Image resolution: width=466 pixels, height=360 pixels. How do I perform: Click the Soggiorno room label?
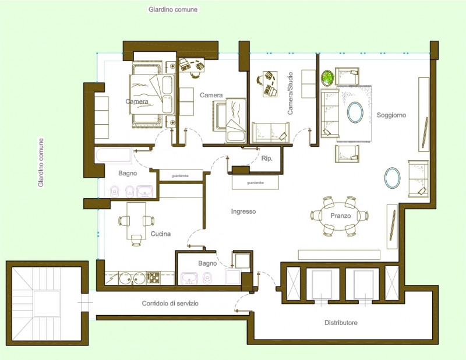pyautogui.click(x=391, y=115)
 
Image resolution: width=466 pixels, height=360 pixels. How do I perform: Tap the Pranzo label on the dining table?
pyautogui.click(x=340, y=216)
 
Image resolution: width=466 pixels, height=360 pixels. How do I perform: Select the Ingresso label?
pyautogui.click(x=243, y=211)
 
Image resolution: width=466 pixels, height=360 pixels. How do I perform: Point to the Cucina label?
pyautogui.click(x=161, y=234)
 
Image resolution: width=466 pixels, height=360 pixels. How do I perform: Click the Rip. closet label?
pyautogui.click(x=267, y=159)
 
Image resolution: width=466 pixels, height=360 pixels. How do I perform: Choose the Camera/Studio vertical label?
pyautogui.click(x=290, y=93)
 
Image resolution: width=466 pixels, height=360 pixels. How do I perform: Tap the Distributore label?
pyautogui.click(x=341, y=323)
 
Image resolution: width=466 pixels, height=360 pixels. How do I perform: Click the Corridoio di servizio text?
pyautogui.click(x=170, y=303)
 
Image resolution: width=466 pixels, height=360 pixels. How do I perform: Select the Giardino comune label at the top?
pyautogui.click(x=173, y=9)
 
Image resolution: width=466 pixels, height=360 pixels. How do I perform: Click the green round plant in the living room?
pyautogui.click(x=327, y=78)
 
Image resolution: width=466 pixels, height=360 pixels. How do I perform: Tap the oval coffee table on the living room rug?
pyautogui.click(x=355, y=112)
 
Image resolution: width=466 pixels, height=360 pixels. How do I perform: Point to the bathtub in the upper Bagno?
pyautogui.click(x=114, y=156)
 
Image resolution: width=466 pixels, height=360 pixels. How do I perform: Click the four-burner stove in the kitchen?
pyautogui.click(x=153, y=278)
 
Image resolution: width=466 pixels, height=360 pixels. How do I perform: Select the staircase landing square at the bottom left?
pyautogui.click(x=47, y=303)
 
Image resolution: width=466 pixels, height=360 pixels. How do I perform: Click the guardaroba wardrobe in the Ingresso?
pyautogui.click(x=255, y=182)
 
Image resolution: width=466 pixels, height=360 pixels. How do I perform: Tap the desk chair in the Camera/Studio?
pyautogui.click(x=260, y=80)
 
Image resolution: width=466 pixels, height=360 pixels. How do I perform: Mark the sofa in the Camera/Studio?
pyautogui.click(x=270, y=133)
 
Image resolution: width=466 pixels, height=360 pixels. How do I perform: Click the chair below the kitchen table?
pyautogui.click(x=136, y=240)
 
